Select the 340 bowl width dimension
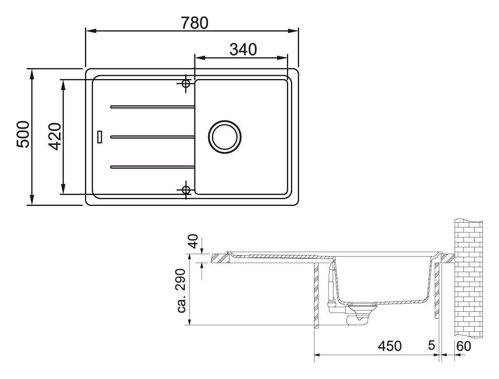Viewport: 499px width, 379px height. coord(243,49)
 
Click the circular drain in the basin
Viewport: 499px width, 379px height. coord(225,137)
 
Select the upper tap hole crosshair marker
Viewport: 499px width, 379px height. coord(186,84)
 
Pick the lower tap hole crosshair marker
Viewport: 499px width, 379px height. coord(186,190)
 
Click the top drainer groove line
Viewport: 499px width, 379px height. coord(152,107)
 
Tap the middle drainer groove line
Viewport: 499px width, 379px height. coord(152,137)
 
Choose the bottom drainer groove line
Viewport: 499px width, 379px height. coord(152,166)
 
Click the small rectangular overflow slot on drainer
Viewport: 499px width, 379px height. coord(100,136)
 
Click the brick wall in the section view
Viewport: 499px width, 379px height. coord(469,280)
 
